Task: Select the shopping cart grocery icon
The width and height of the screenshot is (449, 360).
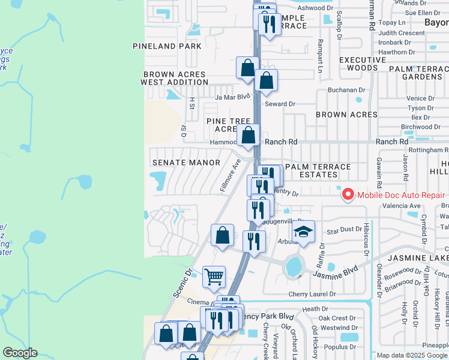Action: (x=214, y=277)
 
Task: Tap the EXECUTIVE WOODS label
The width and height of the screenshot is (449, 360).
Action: (x=363, y=64)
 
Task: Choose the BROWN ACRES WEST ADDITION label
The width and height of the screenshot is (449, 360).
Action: (x=174, y=78)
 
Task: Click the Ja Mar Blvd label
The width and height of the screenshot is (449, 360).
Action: (x=232, y=97)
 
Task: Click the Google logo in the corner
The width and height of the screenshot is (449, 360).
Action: (x=20, y=353)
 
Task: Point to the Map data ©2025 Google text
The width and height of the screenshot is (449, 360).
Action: (x=412, y=355)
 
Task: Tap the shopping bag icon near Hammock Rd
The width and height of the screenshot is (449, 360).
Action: (x=248, y=135)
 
